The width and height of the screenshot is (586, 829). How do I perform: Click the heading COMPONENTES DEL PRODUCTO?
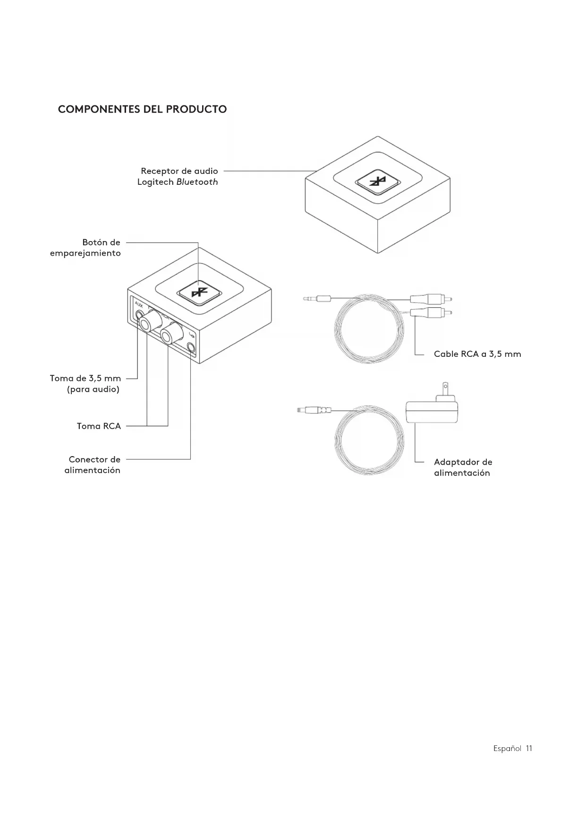tap(142, 109)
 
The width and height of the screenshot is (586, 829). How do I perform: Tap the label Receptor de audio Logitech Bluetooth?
tap(178, 176)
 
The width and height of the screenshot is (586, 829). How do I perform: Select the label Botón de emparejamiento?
tap(85, 248)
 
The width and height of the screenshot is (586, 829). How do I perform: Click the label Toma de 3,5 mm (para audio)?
tap(86, 384)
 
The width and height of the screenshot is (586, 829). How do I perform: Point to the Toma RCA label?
tap(99, 426)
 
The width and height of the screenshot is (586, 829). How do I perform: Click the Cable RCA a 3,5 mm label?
tap(477, 354)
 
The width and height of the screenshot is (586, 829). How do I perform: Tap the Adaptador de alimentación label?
tap(463, 467)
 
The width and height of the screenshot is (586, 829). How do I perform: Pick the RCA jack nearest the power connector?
tap(171, 334)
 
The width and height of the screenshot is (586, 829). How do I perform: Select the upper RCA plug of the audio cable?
tap(430, 299)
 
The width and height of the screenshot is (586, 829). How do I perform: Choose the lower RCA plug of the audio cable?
tap(430, 312)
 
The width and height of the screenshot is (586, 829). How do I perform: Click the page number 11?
tap(529, 748)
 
